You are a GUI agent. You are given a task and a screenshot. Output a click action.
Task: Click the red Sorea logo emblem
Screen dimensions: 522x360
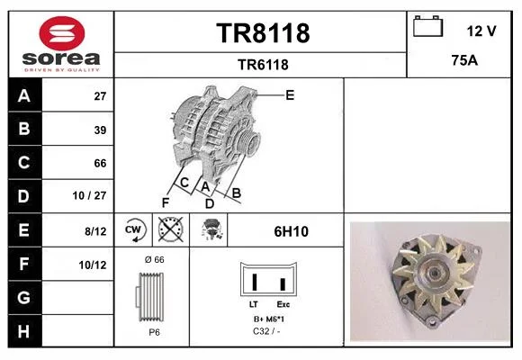62,33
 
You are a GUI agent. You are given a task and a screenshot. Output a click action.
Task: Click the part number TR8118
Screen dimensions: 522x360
263,33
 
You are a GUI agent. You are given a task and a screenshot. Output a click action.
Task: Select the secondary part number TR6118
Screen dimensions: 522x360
263,65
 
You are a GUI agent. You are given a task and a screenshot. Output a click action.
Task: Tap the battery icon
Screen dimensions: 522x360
427,26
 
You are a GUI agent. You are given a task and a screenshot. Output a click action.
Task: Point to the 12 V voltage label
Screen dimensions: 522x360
481,31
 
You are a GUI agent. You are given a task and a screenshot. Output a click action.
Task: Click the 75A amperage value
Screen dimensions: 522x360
464,60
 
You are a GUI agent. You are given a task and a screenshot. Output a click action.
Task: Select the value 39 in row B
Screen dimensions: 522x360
100,130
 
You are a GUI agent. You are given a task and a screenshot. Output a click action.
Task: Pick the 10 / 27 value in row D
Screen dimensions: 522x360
89,195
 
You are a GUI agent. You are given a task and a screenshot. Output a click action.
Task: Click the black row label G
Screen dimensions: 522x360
24,297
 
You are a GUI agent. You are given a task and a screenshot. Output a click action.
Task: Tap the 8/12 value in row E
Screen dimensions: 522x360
95,231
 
